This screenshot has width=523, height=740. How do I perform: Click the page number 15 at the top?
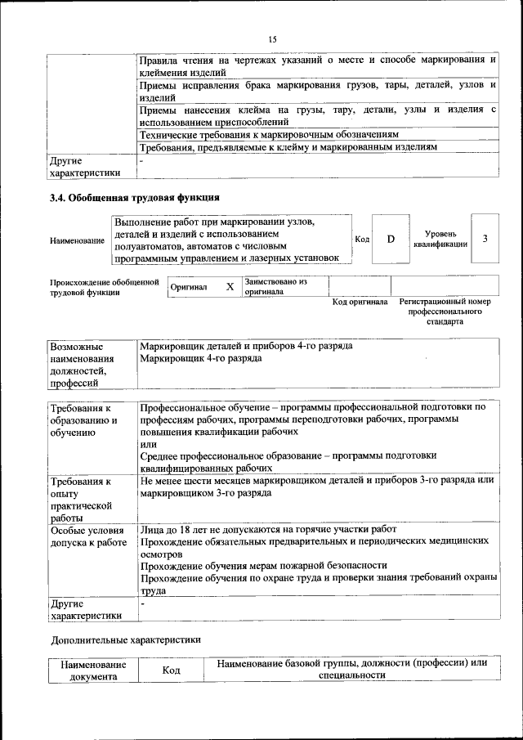coord(273,38)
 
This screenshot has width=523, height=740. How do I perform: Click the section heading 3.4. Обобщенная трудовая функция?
coord(135,197)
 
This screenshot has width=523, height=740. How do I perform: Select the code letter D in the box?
coord(391,238)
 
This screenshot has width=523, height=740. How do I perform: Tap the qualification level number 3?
coord(485,238)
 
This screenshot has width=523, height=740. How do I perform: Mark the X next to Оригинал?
coord(230,287)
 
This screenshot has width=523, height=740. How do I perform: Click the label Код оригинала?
coord(360,302)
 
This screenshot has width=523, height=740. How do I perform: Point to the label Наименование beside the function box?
coord(77,240)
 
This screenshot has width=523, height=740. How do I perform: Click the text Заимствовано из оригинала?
coord(275,286)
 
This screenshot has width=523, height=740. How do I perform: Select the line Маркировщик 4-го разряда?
coord(201,359)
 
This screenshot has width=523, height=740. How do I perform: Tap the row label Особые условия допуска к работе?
coord(88,536)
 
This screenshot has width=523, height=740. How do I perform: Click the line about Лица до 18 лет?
coord(269,529)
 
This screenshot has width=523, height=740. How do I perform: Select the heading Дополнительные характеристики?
coord(126,639)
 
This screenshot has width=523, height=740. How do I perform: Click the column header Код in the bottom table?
coord(171,670)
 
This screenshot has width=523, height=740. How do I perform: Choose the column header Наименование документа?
coord(93,670)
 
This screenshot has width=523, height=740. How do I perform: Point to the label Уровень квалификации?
coord(440,239)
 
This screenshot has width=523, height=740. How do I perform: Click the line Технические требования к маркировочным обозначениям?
coord(270,133)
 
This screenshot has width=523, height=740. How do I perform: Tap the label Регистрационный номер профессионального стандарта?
coord(445,312)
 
